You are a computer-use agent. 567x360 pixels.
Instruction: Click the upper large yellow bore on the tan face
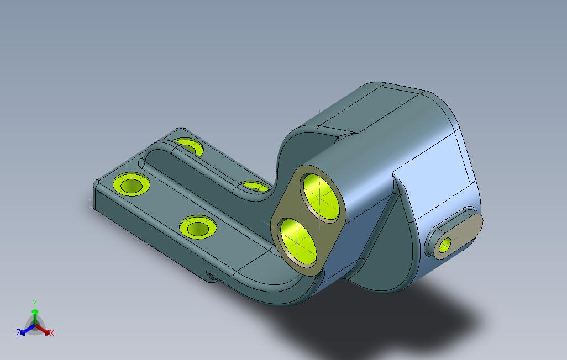pyautogui.click(x=321, y=197)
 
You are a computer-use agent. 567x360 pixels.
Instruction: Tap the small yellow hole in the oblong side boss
pyautogui.click(x=445, y=245)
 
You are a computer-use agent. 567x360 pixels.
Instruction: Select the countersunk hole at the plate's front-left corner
pyautogui.click(x=132, y=184)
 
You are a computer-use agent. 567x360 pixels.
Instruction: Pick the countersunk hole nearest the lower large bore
pyautogui.click(x=198, y=227)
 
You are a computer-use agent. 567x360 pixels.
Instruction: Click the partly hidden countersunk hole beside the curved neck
pyautogui.click(x=255, y=187)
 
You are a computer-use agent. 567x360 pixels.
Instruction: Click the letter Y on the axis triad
pyautogui.click(x=35, y=303)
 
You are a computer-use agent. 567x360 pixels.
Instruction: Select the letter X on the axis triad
pyautogui.click(x=52, y=333)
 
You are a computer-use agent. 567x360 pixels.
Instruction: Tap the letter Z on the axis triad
pyautogui.click(x=18, y=332)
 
